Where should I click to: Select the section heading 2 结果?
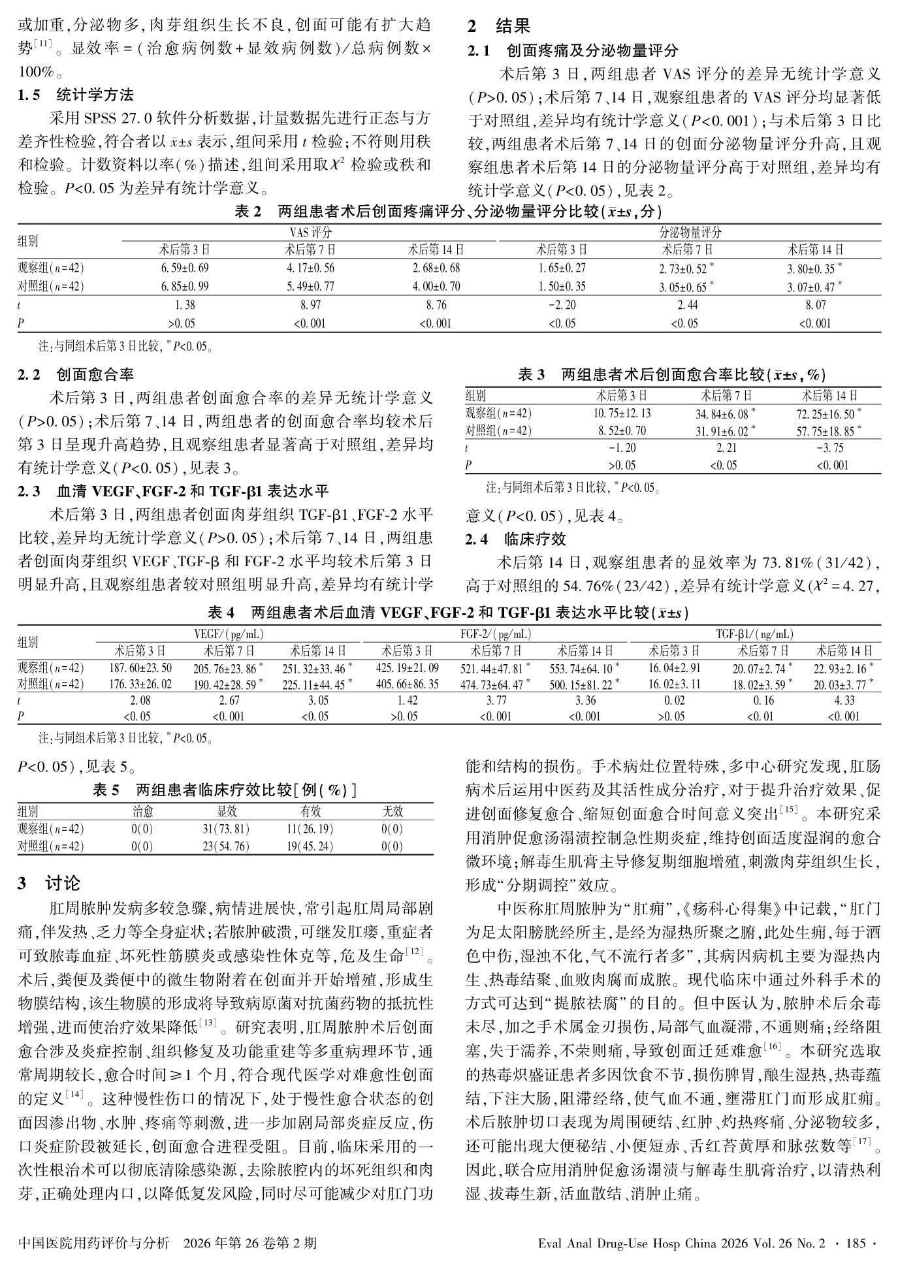tap(499, 26)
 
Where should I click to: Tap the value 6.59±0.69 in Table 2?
tap(185, 268)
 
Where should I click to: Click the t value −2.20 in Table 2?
tap(562, 304)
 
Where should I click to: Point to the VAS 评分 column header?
tap(310, 233)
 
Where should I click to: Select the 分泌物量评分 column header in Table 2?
tap(690, 233)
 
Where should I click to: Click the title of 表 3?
tap(672, 374)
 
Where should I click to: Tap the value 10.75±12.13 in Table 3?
tap(622, 413)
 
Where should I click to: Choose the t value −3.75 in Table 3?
tap(829, 448)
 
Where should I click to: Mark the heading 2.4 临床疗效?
tap(516, 539)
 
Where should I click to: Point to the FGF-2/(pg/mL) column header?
tap(496, 634)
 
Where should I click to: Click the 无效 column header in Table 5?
tap(392, 812)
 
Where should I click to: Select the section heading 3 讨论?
tap(50, 883)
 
